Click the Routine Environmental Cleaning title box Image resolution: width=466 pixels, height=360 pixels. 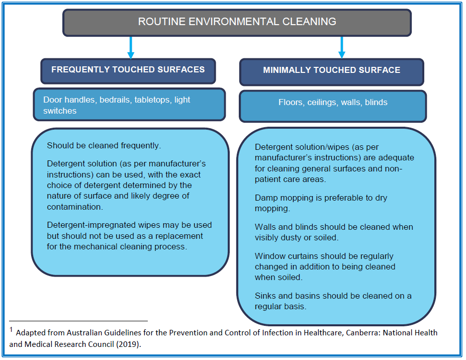[237, 23]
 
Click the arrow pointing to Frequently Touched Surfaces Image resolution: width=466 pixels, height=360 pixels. [131, 48]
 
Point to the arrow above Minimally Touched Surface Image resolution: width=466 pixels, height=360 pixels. [342, 48]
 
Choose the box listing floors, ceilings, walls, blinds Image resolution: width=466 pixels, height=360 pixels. [333, 106]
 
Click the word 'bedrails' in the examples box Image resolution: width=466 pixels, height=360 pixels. [115, 100]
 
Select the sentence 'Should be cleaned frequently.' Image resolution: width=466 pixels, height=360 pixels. [104, 146]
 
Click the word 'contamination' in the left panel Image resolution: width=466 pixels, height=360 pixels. [74, 207]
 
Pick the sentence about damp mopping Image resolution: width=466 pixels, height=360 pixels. [321, 203]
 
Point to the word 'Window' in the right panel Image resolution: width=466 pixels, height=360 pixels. [269, 256]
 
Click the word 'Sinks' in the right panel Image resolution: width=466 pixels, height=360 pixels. [265, 296]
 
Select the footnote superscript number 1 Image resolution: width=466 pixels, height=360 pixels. [11, 329]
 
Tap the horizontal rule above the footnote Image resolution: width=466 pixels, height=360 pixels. [78, 321]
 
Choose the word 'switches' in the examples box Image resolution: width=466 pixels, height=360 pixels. [60, 111]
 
